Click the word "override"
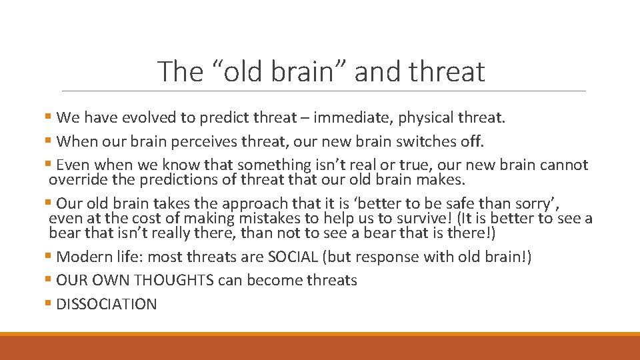coord(77,180)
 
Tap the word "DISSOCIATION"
coord(107,305)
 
